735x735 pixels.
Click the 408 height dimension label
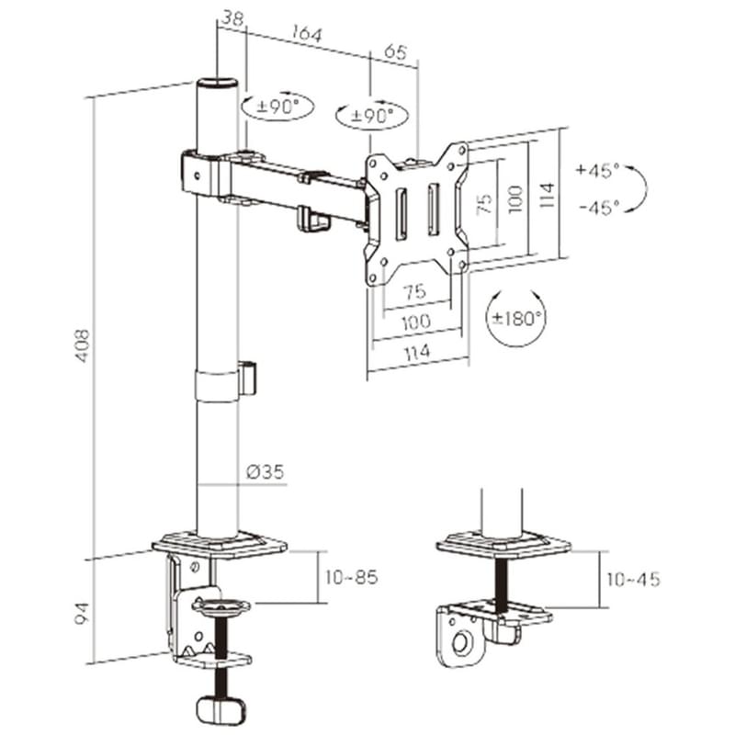click(83, 345)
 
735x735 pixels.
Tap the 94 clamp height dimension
click(82, 614)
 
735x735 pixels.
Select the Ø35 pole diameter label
click(266, 471)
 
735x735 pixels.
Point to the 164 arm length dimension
click(308, 34)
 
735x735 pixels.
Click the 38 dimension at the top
click(232, 18)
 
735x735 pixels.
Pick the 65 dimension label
click(395, 51)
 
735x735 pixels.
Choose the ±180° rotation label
click(519, 319)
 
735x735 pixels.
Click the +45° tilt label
click(598, 170)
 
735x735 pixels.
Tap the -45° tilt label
click(600, 207)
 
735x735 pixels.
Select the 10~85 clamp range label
click(352, 578)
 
